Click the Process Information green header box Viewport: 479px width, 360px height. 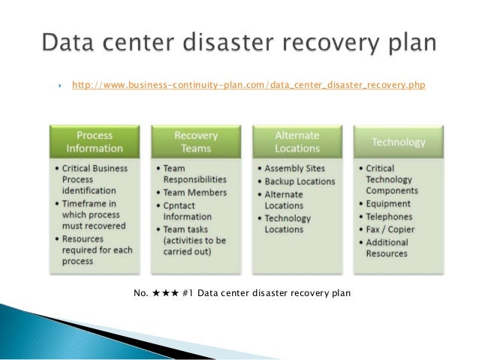coord(95,141)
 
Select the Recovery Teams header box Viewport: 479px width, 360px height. coord(195,141)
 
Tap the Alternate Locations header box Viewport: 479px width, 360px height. coord(297,141)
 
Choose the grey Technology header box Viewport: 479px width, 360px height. coord(398,142)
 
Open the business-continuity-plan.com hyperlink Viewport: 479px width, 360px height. coord(248,86)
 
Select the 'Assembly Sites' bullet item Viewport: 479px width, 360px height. coord(294,168)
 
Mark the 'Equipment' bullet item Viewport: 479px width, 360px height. coord(388,203)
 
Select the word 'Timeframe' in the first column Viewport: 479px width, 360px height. coord(91,204)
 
